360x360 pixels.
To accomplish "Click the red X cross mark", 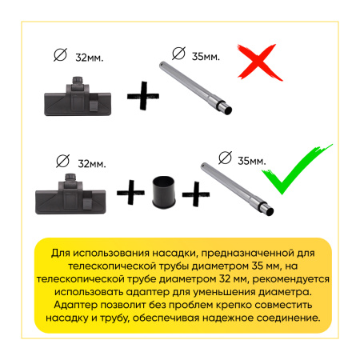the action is coord(259,63).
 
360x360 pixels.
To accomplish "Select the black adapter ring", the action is coord(164,192).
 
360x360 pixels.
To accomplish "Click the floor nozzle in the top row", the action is coord(78,98).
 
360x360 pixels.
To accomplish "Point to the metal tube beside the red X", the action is coord(195,88).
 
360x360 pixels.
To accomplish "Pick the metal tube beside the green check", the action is coord(237,189).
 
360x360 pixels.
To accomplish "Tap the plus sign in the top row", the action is coord(143,96).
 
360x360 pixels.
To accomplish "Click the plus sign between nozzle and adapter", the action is coord(130,192).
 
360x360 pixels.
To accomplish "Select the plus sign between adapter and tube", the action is coord(196,194).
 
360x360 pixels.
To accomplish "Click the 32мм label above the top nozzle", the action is coord(90,58).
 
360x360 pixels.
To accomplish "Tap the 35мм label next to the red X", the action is coord(206,57).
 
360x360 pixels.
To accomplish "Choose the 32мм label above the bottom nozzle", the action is coord(92,164).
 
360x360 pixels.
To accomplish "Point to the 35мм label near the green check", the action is coord(252,161).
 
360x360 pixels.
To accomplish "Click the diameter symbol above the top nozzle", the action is coord(60,55).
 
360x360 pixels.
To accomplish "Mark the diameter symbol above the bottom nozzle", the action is coord(62,161).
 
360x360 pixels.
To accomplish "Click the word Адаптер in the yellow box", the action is coord(75,305).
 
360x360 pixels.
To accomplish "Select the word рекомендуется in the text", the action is coord(290,279).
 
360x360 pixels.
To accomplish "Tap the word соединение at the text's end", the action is coord(288,318).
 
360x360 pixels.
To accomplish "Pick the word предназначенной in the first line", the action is coord(246,253).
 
